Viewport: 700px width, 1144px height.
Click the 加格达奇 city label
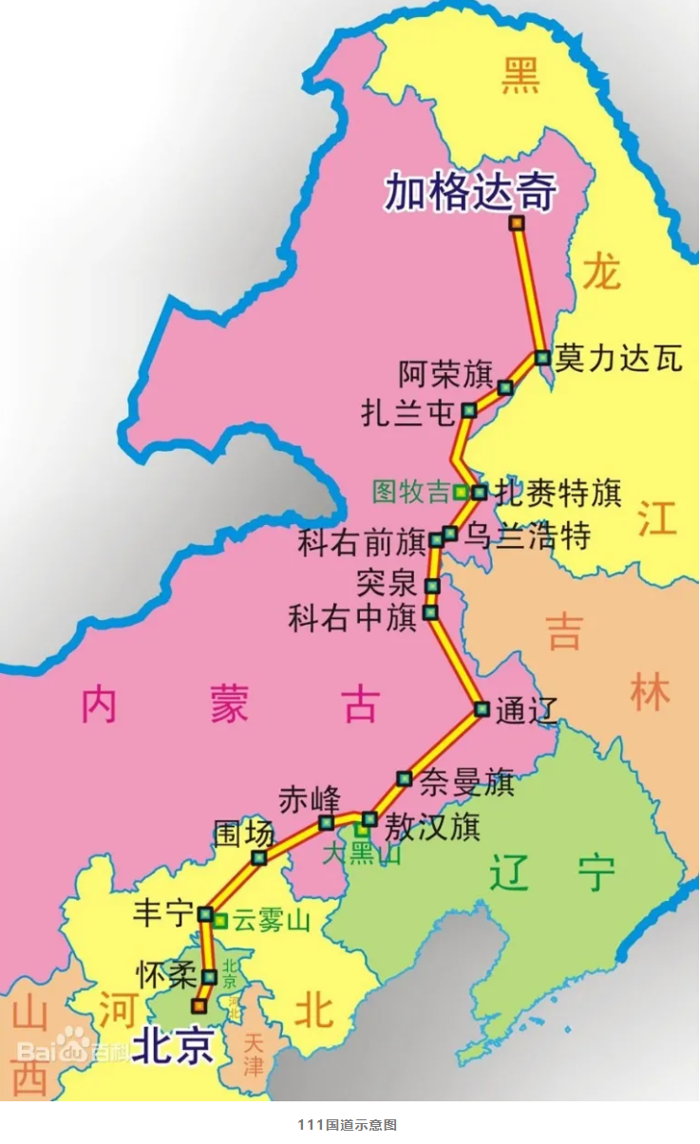click(470, 192)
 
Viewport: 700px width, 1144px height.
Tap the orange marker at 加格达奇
click(517, 223)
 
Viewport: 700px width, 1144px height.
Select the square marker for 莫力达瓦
click(542, 358)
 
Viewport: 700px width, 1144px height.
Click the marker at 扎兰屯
click(469, 410)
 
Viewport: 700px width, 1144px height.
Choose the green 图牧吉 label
click(410, 492)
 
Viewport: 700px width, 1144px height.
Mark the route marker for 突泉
click(432, 586)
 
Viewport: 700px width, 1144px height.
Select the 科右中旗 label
click(352, 618)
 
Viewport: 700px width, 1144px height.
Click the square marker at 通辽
click(482, 708)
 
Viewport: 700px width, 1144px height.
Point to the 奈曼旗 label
click(466, 782)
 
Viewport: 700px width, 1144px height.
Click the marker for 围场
click(258, 857)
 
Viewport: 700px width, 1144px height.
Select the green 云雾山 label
click(272, 920)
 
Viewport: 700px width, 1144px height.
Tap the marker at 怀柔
click(210, 976)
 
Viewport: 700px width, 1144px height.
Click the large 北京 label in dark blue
click(171, 1045)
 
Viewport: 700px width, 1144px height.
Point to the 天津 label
click(253, 1054)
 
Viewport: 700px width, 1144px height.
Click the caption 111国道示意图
click(347, 1125)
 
